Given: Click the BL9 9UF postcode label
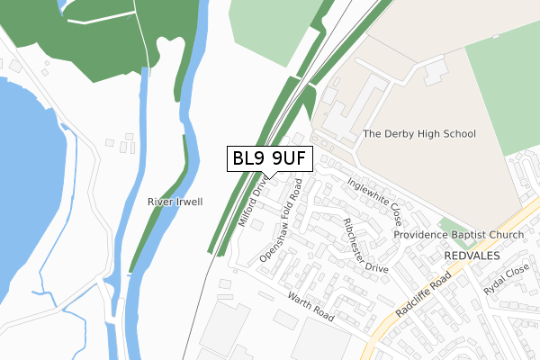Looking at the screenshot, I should coord(270,159).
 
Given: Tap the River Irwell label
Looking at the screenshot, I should coord(175,202).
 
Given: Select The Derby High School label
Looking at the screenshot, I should coord(418,134).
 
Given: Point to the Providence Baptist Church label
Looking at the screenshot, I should coord(458,235).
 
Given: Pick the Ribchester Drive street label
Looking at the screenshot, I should coord(364,244).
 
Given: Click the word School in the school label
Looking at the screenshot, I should coord(459,134).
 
